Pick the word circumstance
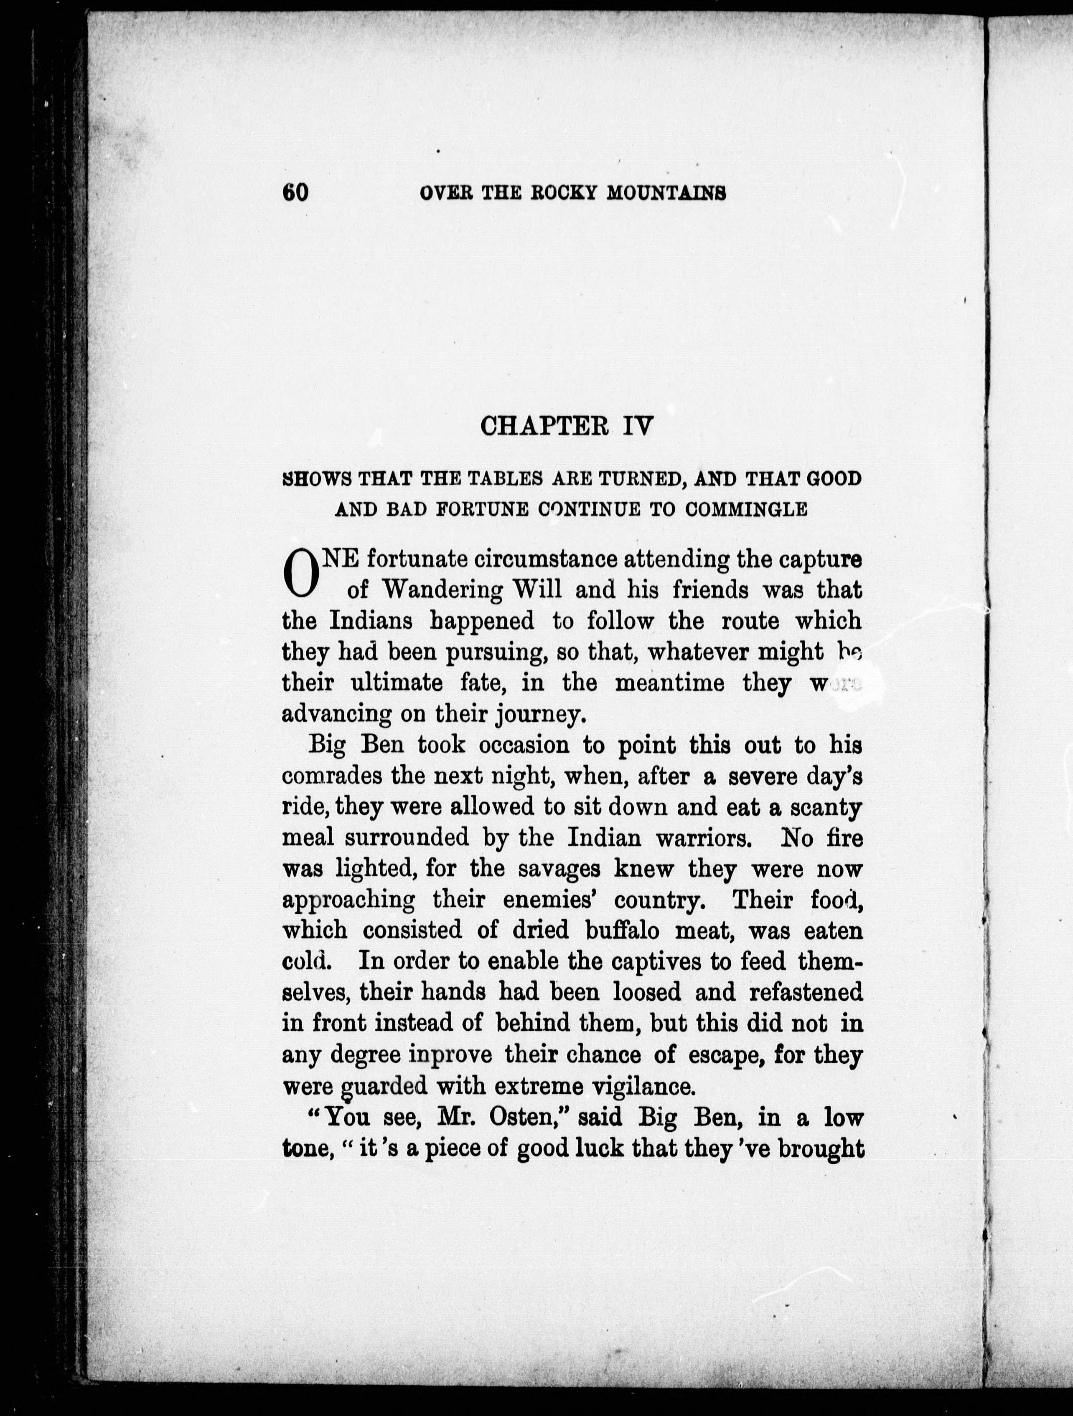pos(547,559)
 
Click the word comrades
pos(333,776)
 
